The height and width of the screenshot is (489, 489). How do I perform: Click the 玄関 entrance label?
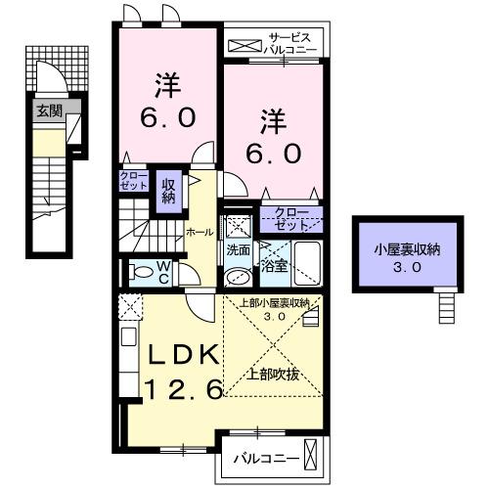coord(49,111)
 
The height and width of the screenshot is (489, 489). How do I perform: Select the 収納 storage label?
coord(168,191)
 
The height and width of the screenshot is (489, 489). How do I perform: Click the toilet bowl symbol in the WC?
coord(141,271)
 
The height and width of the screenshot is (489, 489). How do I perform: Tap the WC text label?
coord(164,270)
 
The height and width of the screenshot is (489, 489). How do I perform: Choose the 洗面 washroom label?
coord(238,249)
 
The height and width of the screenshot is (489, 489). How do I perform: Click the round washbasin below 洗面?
coord(236,278)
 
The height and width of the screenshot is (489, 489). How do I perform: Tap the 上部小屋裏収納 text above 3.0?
coord(275,303)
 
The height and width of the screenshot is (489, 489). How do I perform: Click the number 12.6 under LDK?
coord(187,389)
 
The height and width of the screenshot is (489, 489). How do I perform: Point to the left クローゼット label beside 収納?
coord(134,181)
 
